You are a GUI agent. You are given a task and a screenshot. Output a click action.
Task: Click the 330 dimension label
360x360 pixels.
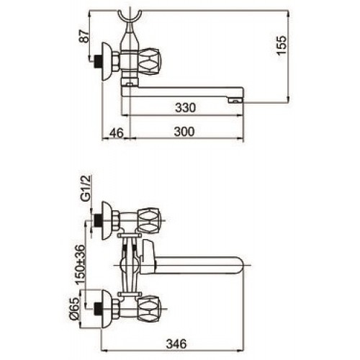coord(185,108)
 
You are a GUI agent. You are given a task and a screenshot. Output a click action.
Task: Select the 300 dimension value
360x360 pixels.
coord(184,132)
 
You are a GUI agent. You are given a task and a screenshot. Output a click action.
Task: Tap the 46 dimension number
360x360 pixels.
coord(117,132)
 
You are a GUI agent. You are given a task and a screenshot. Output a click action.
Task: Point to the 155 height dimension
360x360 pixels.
coord(282,45)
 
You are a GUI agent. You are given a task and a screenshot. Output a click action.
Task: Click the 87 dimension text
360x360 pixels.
coord(84,37)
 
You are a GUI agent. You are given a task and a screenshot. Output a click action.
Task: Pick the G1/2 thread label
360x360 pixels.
coord(85,188)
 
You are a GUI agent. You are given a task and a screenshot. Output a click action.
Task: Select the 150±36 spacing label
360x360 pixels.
coord(81,265)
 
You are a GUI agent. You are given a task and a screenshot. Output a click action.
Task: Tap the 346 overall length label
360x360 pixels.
coord(176,344)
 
